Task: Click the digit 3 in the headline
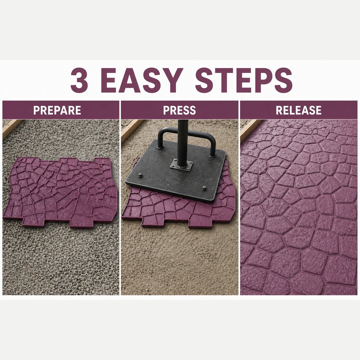click(79, 80)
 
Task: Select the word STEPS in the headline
click(244, 80)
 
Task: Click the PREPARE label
click(57, 110)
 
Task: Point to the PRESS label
click(179, 110)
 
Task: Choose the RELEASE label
click(298, 110)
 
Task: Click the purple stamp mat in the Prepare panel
click(60, 192)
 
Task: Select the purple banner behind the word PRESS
click(179, 110)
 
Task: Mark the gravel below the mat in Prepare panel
click(60, 262)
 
